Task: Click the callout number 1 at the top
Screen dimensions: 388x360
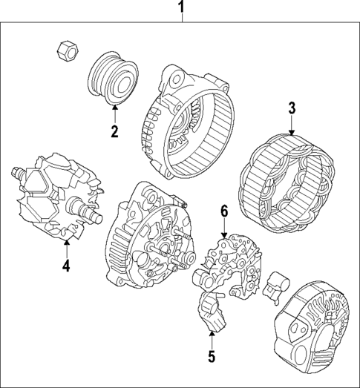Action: tap(180, 9)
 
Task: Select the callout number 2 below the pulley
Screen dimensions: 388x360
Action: tap(115, 132)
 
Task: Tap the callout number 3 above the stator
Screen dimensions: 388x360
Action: tap(292, 108)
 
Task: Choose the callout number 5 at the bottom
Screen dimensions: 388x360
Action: tap(211, 358)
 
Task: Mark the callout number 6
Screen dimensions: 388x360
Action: tap(223, 211)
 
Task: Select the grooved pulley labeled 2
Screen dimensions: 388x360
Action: tap(114, 77)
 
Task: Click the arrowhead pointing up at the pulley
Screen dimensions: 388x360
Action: tap(115, 111)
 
